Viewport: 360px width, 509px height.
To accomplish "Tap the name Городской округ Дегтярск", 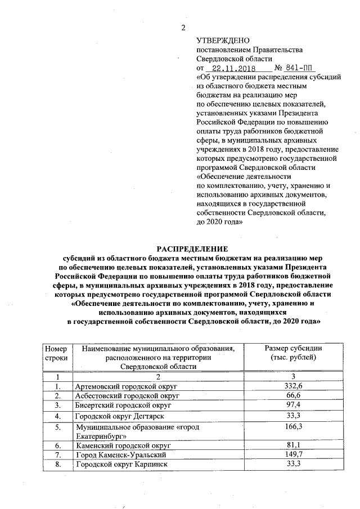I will pos(118,417).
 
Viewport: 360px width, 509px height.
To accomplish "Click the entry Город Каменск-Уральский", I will pos(120,454).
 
